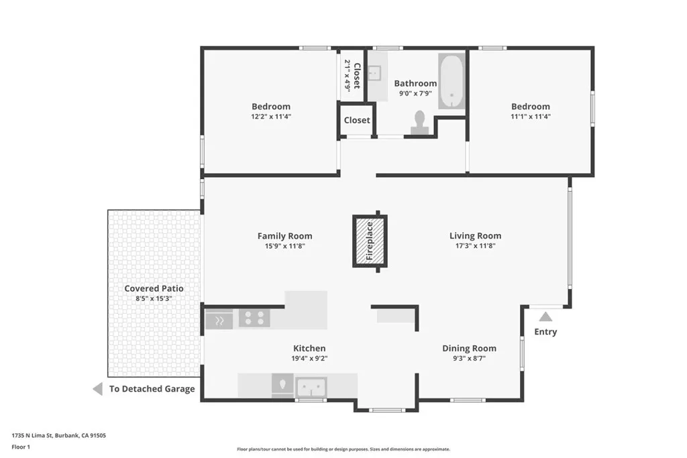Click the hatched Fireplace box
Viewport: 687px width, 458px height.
369,241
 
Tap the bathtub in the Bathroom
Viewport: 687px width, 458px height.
452,81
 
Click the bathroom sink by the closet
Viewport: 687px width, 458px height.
375,72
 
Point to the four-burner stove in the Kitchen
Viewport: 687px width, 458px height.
254,318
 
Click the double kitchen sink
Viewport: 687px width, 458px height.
311,386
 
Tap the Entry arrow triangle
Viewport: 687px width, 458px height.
545,317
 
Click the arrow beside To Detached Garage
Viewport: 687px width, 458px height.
98,389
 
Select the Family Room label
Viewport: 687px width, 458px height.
284,236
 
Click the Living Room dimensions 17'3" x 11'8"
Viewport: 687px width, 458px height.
475,246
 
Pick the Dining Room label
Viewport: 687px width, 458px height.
469,348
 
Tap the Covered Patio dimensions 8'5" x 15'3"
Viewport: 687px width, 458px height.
154,298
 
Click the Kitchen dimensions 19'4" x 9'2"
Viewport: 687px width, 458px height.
309,358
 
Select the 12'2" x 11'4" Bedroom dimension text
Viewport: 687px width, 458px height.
271,116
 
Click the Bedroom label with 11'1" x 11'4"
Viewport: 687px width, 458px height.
530,106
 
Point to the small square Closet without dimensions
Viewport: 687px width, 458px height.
356,120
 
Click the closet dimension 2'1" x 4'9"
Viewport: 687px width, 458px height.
348,75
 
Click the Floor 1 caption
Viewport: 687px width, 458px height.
21,446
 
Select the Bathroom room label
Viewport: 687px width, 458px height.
415,83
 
